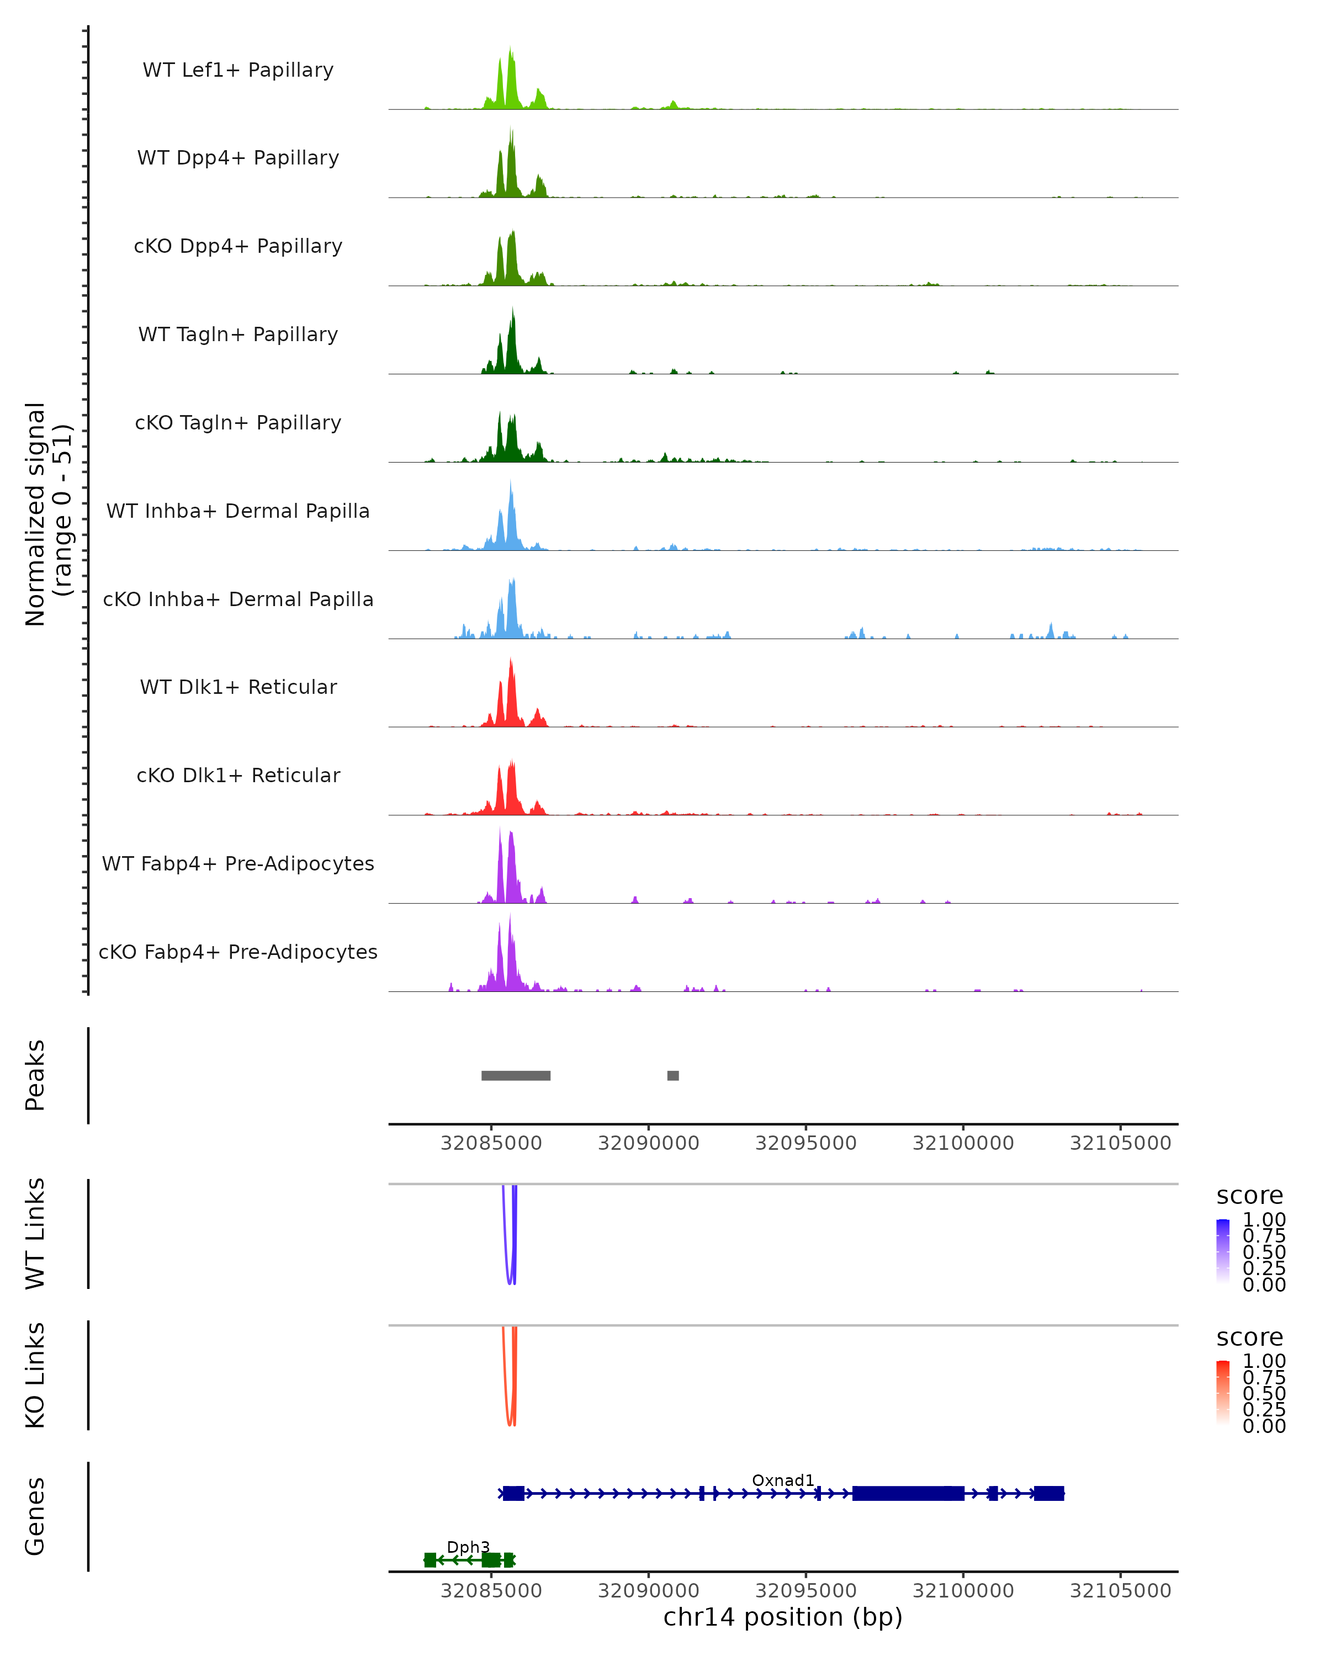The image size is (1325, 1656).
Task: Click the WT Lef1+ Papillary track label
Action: click(238, 70)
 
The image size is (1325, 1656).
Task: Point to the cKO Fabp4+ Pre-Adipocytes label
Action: click(238, 952)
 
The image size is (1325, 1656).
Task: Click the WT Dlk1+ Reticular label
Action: click(238, 687)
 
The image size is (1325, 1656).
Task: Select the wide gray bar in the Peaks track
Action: click(516, 1075)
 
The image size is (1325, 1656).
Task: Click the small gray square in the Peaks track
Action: click(673, 1075)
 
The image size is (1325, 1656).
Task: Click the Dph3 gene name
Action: click(468, 1547)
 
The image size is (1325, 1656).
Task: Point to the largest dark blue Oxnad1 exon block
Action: click(908, 1493)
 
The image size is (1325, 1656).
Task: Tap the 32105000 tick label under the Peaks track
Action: click(1120, 1143)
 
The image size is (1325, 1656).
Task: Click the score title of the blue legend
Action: click(1249, 1196)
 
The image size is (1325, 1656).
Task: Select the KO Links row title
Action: click(35, 1376)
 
